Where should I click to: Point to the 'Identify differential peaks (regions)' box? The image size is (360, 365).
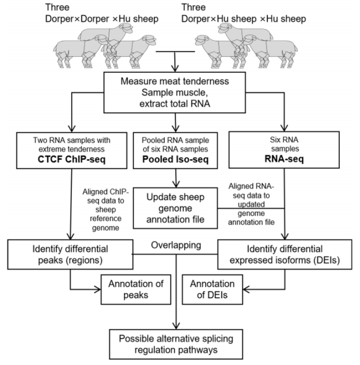pos(70,253)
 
